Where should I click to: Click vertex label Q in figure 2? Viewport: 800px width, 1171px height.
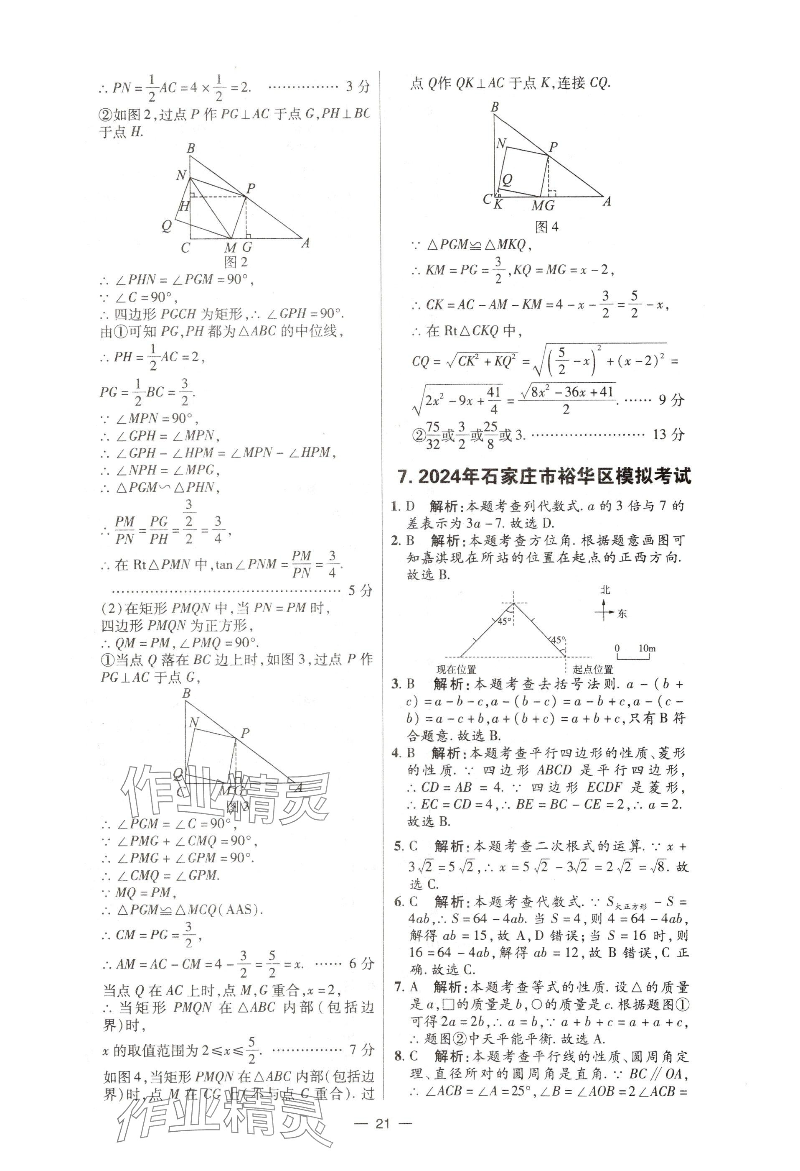[x=167, y=226]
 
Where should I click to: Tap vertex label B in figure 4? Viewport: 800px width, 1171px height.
[x=494, y=107]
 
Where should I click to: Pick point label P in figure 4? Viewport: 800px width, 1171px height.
[x=553, y=147]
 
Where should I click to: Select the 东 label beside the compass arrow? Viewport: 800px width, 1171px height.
[x=622, y=613]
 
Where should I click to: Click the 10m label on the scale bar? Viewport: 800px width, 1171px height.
[x=647, y=649]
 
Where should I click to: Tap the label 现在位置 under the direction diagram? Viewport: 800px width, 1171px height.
[x=456, y=670]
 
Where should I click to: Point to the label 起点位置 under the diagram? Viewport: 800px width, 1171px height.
[x=593, y=670]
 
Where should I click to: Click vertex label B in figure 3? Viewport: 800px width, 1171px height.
[x=187, y=693]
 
